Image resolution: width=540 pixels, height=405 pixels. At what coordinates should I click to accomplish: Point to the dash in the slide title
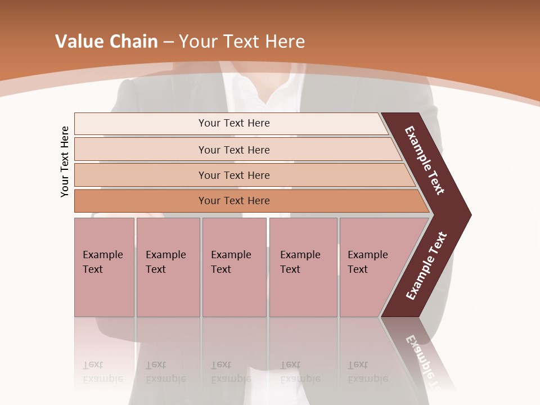tap(168, 42)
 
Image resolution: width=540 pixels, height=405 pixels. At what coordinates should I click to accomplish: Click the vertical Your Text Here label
tap(65, 161)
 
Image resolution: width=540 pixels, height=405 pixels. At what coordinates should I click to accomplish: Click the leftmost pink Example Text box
tap(104, 267)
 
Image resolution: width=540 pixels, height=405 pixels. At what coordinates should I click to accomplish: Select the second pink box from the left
tap(168, 267)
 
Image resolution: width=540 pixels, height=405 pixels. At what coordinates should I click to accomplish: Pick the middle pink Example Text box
tap(234, 267)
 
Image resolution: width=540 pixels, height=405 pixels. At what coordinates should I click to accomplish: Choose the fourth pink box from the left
tap(303, 267)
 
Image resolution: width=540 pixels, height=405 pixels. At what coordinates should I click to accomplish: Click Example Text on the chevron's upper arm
tap(425, 160)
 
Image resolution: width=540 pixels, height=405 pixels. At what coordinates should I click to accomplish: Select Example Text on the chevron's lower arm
tap(426, 266)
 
